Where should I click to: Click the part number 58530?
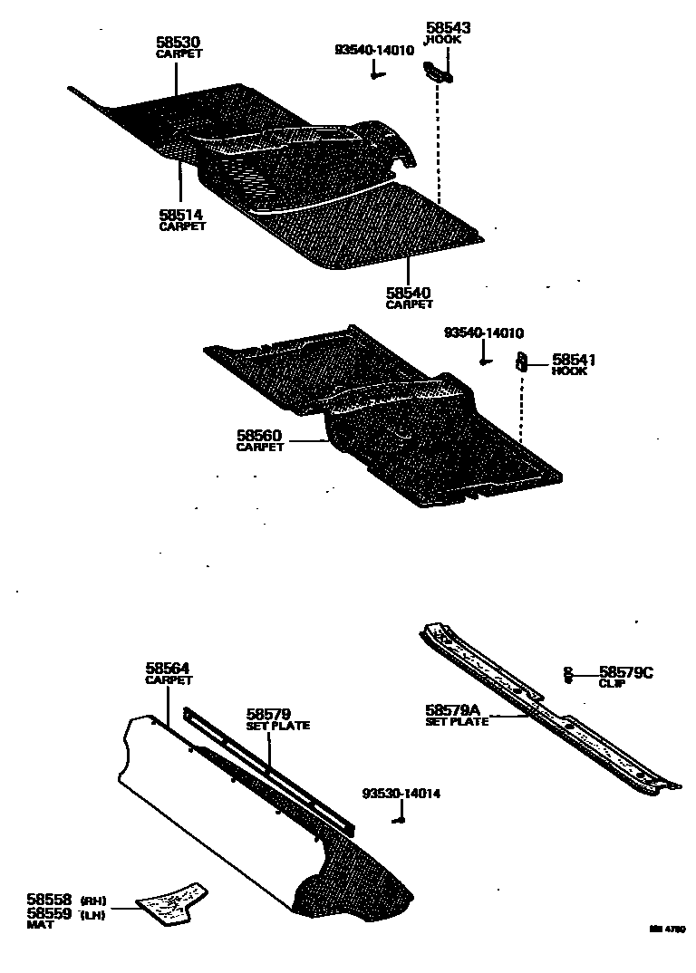[x=178, y=42]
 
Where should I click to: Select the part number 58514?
[x=181, y=215]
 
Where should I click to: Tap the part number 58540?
[x=408, y=293]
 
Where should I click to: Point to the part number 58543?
[x=449, y=29]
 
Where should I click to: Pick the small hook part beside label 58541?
[x=522, y=361]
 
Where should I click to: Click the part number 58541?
[x=574, y=360]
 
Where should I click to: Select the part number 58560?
[x=260, y=436]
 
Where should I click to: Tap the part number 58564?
[x=168, y=669]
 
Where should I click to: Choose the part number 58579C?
[x=625, y=672]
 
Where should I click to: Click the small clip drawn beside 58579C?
[x=567, y=675]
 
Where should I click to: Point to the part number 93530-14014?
[x=401, y=794]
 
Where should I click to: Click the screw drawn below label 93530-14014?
[x=398, y=820]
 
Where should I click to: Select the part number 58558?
[x=49, y=900]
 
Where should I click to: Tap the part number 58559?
[x=49, y=913]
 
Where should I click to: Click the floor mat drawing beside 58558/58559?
[x=171, y=901]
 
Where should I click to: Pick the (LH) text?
[x=93, y=914]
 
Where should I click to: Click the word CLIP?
[x=612, y=683]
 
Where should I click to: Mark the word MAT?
[x=40, y=925]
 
